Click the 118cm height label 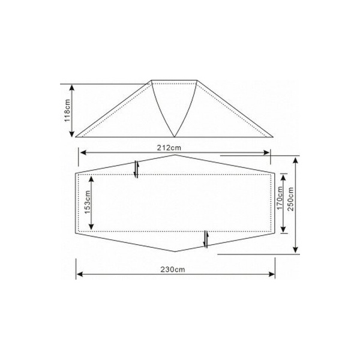pos(67,110)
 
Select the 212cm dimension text pos(169,148)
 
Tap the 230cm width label pos(173,269)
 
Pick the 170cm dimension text pos(280,198)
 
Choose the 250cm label pos(290,199)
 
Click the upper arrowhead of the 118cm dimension pos(72,87)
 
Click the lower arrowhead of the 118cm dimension pos(72,134)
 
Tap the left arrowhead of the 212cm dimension pos(83,152)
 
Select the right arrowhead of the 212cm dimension pos(266,152)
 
